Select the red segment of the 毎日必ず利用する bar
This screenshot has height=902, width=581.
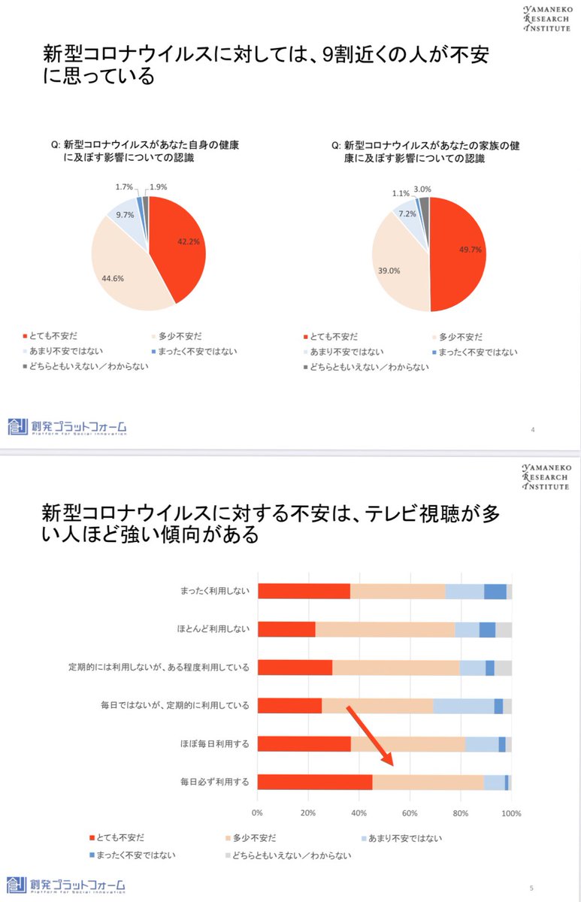coord(315,782)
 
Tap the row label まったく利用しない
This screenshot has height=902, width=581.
coord(213,591)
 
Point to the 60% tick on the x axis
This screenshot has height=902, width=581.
coord(410,813)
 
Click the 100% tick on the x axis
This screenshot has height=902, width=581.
coord(511,813)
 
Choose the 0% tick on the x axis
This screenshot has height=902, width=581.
coord(257,813)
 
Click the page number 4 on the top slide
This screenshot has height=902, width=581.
coord(533,429)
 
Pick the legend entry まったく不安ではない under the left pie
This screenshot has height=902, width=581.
coord(188,351)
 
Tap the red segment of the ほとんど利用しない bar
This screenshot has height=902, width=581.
coord(286,629)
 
